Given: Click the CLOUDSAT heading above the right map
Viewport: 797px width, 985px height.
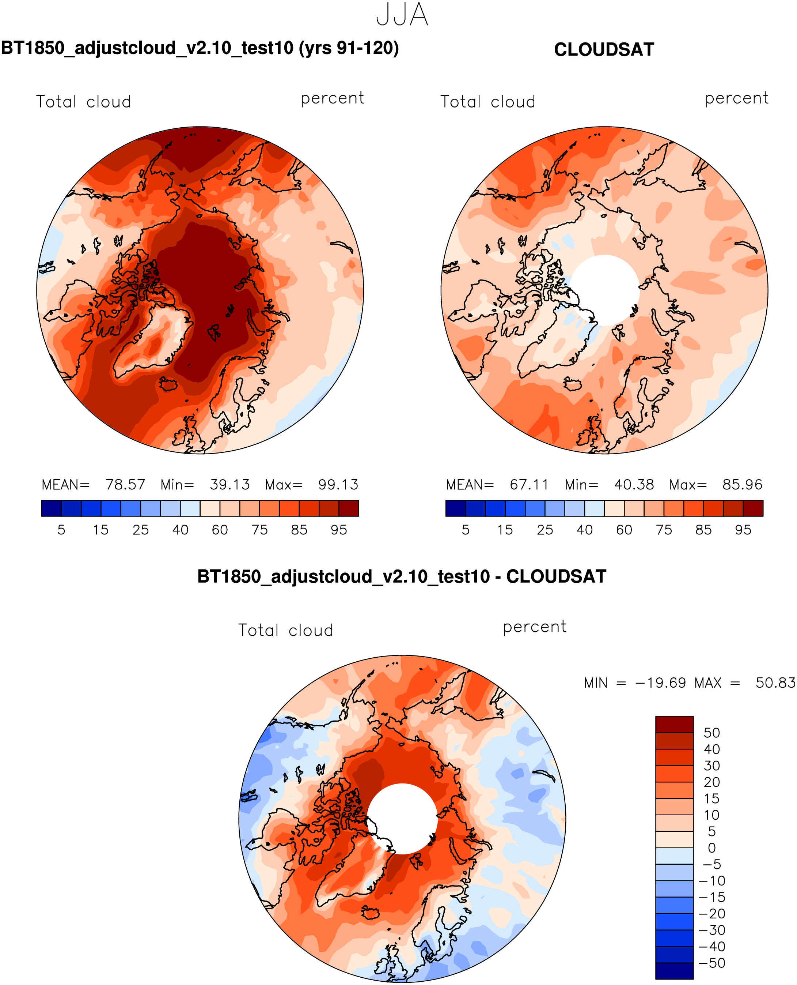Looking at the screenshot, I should click(604, 50).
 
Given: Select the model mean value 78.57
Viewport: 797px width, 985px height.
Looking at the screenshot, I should click(125, 485).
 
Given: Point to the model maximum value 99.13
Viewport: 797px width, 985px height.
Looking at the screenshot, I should click(338, 485).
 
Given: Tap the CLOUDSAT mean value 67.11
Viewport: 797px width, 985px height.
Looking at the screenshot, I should click(529, 485).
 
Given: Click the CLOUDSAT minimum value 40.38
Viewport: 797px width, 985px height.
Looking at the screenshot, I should click(634, 485).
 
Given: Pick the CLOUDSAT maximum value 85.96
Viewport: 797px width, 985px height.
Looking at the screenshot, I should click(742, 485).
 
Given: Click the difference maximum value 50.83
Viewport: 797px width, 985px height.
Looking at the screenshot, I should click(775, 683).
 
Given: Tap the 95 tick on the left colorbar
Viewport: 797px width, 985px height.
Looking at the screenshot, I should click(339, 530).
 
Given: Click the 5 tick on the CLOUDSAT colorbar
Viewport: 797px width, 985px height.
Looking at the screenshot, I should click(466, 530).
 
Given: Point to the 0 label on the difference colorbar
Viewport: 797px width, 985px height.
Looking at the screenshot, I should click(711, 847).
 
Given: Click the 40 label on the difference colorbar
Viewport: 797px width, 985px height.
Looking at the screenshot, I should click(711, 749).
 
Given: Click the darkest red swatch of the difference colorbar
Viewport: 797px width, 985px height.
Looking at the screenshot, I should click(674, 725).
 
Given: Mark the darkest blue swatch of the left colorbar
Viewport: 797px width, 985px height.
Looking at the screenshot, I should click(52, 508).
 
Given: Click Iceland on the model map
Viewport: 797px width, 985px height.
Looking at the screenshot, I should click(168, 384).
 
